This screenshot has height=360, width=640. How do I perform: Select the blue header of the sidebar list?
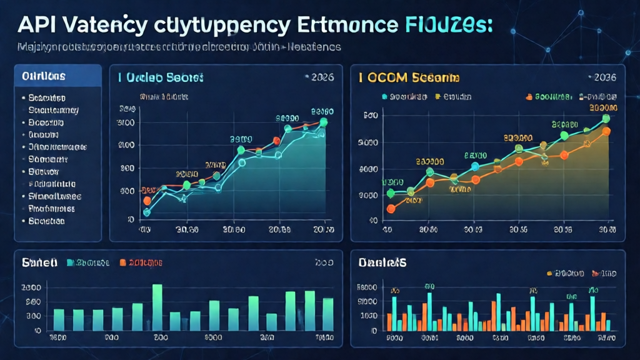(57, 76)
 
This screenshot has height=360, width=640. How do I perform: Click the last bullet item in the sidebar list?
(47, 221)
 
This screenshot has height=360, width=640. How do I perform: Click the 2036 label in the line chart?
(604, 77)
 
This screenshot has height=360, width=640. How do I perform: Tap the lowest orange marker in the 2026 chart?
(147, 201)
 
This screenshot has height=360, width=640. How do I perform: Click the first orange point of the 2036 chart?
(391, 209)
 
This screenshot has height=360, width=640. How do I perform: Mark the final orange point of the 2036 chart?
(606, 131)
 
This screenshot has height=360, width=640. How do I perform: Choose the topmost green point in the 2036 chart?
(606, 118)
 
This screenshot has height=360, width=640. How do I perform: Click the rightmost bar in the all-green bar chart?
(328, 314)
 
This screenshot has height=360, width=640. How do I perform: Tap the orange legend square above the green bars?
(122, 263)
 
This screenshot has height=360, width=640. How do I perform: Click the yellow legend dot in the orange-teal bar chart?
(549, 273)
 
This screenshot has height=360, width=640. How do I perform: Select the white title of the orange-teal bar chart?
(382, 263)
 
